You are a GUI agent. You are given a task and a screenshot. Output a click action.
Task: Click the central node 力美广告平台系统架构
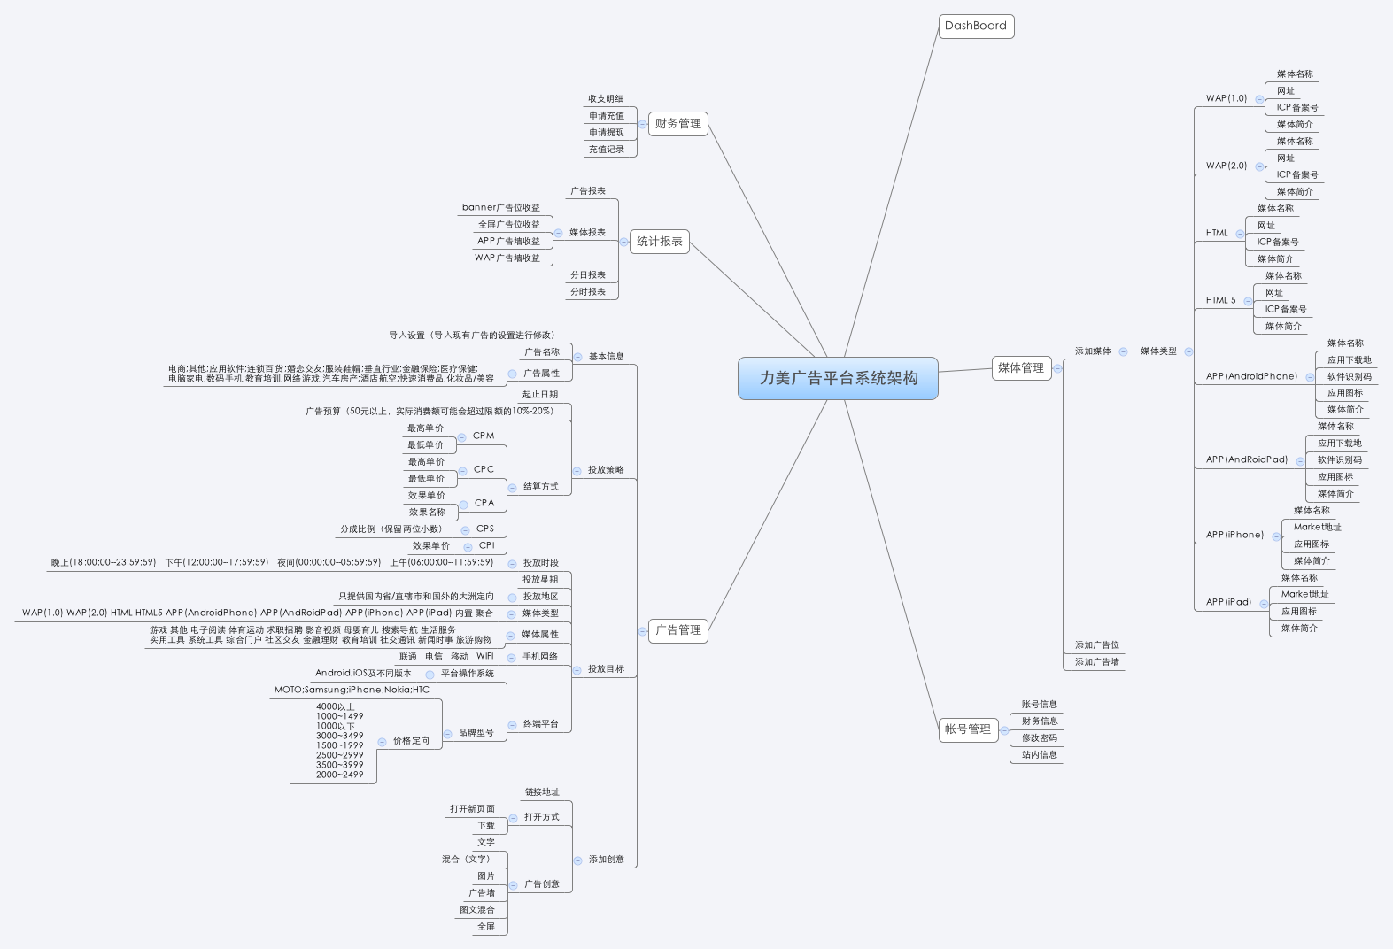[838, 378]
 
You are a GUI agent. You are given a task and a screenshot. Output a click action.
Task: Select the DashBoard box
[976, 26]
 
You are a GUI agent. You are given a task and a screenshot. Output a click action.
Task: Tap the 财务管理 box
[677, 124]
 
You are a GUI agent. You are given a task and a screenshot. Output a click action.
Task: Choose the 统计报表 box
[660, 242]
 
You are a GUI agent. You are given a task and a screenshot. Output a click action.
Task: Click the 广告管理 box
[677, 630]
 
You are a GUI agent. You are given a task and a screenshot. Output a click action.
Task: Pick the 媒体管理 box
[1021, 368]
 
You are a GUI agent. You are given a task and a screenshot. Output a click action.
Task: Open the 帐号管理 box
[968, 729]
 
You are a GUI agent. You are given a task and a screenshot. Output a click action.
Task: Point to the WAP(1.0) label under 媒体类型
[1226, 98]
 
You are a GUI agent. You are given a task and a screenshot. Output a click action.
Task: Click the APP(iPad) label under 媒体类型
[1228, 602]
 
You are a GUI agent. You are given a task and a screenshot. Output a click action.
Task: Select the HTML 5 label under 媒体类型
[1220, 300]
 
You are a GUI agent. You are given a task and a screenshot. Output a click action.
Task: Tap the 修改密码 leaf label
[1039, 738]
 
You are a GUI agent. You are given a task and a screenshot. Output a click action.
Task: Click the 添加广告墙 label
[1096, 662]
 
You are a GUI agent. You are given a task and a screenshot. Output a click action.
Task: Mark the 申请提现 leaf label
[607, 133]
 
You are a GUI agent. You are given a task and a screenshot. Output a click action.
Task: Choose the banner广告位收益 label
[500, 208]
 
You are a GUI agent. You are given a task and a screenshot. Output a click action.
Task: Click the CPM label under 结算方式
[484, 436]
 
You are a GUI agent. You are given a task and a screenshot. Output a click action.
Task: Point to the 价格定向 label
[411, 741]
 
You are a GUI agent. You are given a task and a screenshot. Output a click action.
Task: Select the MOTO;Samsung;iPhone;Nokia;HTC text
[352, 690]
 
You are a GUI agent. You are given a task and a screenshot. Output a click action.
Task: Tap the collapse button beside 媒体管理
[1057, 368]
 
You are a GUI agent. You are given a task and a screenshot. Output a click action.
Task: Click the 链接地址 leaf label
[542, 792]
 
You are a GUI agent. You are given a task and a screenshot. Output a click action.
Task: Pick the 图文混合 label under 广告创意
[477, 910]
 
